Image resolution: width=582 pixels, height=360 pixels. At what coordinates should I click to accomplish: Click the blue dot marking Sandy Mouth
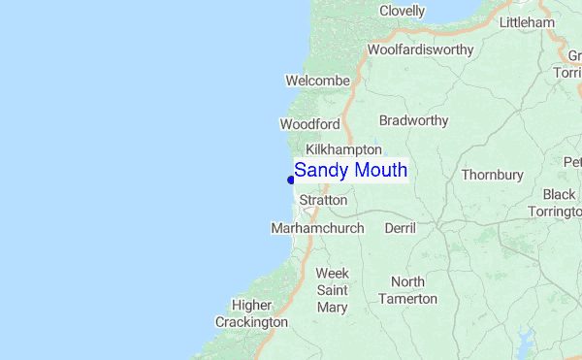pyautogui.click(x=291, y=180)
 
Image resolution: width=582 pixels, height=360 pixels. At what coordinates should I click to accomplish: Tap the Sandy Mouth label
pyautogui.click(x=350, y=171)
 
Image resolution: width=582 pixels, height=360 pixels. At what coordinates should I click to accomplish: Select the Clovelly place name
pyautogui.click(x=403, y=11)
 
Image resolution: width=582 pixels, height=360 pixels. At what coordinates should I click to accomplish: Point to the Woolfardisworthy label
pyautogui.click(x=420, y=49)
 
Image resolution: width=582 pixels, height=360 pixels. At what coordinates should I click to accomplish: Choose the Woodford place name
pyautogui.click(x=309, y=124)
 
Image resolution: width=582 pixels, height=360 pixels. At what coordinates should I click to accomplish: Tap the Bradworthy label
pyautogui.click(x=414, y=120)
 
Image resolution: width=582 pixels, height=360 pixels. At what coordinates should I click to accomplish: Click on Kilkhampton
pyautogui.click(x=343, y=149)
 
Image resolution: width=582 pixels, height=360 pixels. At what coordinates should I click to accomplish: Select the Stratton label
pyautogui.click(x=323, y=200)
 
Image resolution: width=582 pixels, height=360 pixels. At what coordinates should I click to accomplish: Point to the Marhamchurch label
pyautogui.click(x=317, y=228)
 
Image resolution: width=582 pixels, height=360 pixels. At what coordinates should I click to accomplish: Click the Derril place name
pyautogui.click(x=400, y=228)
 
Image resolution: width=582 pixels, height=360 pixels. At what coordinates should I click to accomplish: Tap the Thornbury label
pyautogui.click(x=492, y=175)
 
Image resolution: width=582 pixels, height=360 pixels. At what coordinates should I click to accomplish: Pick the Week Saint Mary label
pyautogui.click(x=332, y=290)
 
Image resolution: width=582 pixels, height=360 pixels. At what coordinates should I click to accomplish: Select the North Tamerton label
pyautogui.click(x=407, y=290)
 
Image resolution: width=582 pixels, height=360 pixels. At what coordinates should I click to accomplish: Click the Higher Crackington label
pyautogui.click(x=251, y=313)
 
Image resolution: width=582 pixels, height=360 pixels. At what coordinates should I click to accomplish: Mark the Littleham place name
pyautogui.click(x=527, y=22)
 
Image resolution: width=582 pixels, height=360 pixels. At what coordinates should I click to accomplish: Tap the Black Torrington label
pyautogui.click(x=558, y=203)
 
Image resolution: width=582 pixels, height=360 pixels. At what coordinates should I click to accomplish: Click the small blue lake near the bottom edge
pyautogui.click(x=526, y=342)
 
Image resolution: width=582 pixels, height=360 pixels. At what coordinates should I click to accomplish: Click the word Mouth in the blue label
pyautogui.click(x=379, y=171)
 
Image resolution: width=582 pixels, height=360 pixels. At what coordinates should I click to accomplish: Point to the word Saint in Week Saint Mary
pyautogui.click(x=332, y=290)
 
